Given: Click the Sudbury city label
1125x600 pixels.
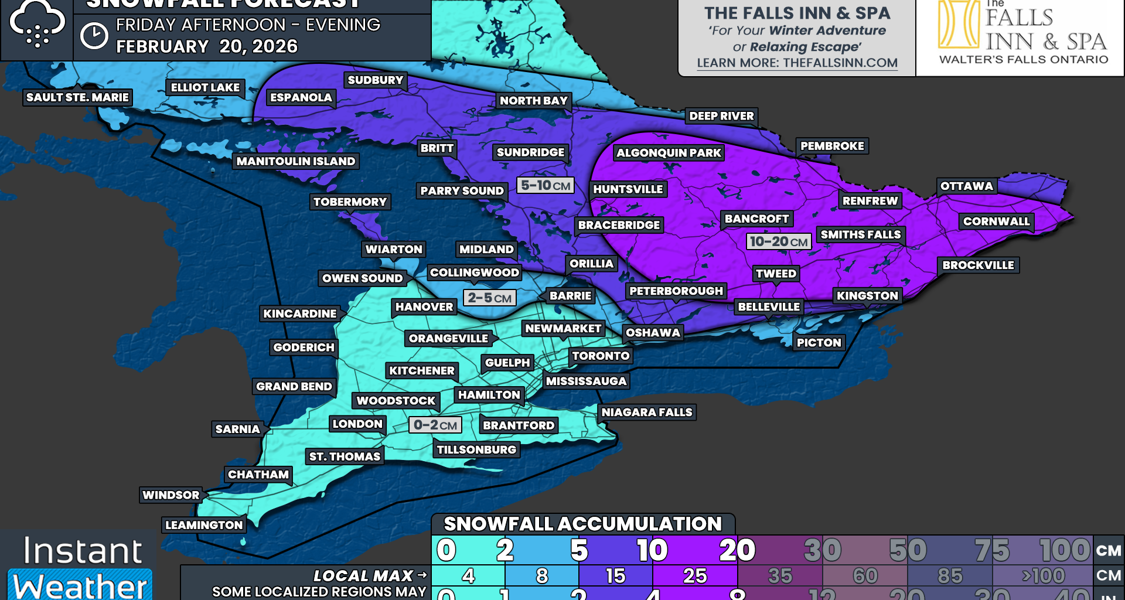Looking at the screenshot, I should pos(375,80).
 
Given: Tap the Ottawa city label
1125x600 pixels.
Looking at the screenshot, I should pos(966,186).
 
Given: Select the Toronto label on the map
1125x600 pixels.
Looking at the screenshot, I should pos(601,356).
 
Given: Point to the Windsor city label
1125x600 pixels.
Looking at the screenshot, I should pos(171,495).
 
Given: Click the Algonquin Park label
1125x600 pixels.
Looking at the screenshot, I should pos(669,153).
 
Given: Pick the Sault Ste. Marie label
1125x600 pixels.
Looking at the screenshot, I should pos(77,97).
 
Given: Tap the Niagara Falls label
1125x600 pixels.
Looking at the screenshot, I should pos(647,412).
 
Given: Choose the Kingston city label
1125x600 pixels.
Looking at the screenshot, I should pos(867,296).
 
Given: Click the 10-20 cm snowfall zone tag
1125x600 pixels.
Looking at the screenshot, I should pos(779,241).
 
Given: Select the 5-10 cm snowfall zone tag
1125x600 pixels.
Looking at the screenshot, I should pos(546,186).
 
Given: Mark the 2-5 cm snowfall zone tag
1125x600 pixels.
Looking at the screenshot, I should pos(490,298).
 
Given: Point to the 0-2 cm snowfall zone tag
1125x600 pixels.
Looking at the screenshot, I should pos(435,425).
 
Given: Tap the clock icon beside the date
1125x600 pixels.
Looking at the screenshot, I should pos(94,36).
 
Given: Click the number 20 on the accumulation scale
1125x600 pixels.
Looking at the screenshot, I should pos(737,550).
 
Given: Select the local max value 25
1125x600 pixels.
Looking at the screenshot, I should pos(695,576).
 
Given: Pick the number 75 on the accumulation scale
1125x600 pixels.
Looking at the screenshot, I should pos(992,550).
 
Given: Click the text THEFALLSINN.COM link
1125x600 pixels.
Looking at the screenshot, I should pos(840,63).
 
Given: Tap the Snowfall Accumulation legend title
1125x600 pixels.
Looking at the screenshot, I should pos(582,524).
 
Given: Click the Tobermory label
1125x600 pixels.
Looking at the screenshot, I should pos(350,202).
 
